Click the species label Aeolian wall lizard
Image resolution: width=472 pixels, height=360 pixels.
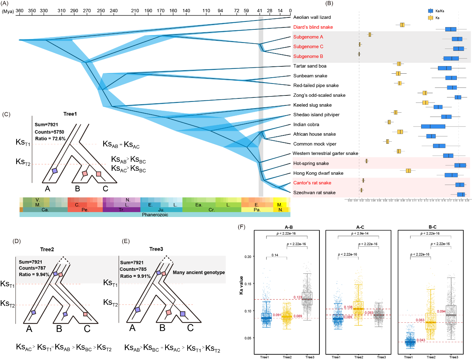(x=312, y=17)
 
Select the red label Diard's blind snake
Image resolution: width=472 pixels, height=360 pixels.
(x=313, y=27)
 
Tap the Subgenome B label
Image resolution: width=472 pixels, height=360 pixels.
(x=308, y=56)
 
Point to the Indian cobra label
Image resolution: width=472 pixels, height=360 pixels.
(x=306, y=125)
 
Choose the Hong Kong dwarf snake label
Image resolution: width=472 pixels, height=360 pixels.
(x=318, y=173)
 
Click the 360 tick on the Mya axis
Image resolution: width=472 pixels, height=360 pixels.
(x=19, y=11)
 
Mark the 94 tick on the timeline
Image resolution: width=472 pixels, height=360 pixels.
(x=220, y=11)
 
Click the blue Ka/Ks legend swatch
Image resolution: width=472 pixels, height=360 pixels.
(x=430, y=11)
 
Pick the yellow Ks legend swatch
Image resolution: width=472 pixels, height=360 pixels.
(x=430, y=18)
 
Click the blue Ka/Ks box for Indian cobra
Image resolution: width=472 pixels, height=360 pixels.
(x=433, y=126)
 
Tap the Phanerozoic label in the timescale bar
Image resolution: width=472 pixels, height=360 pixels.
(x=155, y=215)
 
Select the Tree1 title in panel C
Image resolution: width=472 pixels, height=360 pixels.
(x=70, y=114)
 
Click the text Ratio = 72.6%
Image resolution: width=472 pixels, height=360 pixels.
(x=50, y=139)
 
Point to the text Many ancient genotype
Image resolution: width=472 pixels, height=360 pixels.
(x=199, y=272)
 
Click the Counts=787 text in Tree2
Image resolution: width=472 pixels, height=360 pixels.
(x=32, y=268)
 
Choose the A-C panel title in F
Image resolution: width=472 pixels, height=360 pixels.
(x=360, y=227)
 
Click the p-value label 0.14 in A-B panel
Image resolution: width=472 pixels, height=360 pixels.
(x=275, y=255)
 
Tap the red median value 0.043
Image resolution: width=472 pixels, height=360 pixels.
(x=421, y=340)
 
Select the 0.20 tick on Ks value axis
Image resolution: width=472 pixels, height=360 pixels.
(x=248, y=257)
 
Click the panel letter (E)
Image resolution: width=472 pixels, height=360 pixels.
(x=126, y=241)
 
